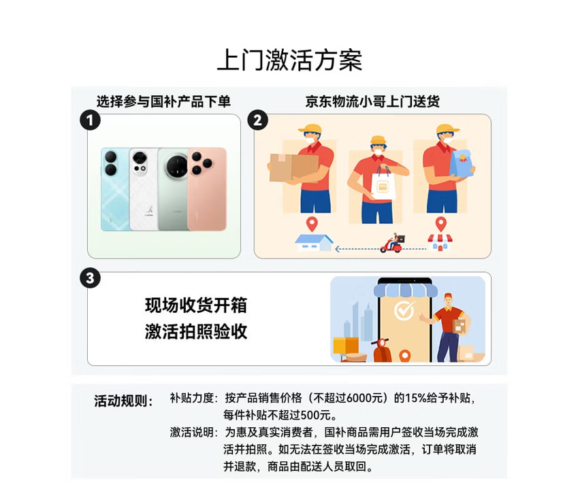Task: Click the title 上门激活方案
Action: pos(289,60)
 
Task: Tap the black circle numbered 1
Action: pos(91,120)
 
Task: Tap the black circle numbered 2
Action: pos(258,120)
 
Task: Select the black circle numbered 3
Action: pos(91,278)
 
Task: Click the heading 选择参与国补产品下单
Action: pos(163,101)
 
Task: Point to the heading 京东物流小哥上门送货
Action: pos(372,101)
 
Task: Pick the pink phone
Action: pos(207,189)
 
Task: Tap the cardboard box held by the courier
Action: pos(294,167)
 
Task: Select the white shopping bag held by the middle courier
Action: pos(383,184)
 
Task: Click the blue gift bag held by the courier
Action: pos(461,163)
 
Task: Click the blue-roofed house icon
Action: pos(314,243)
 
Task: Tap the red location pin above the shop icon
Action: pos(440,224)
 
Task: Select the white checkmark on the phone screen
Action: pos(404,310)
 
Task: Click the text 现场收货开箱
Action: pos(195,305)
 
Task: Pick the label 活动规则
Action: pos(123,401)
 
